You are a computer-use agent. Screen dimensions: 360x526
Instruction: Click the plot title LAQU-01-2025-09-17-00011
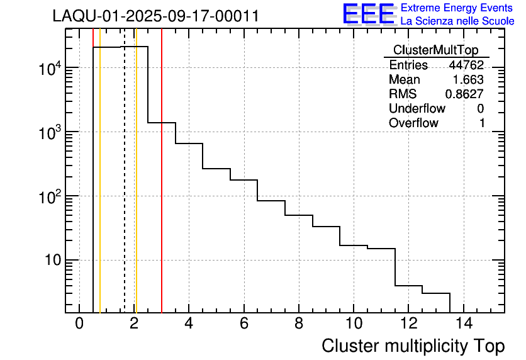pyautogui.click(x=155, y=16)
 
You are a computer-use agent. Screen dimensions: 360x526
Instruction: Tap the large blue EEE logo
pyautogui.click(x=369, y=14)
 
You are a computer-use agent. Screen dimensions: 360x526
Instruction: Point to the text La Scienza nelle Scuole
pyautogui.click(x=457, y=21)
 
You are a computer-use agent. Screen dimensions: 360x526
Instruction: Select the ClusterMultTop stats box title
pyautogui.click(x=435, y=50)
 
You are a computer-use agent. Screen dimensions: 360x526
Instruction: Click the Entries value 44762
pyautogui.click(x=466, y=65)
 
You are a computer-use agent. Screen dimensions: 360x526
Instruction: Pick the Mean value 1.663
pyautogui.click(x=468, y=80)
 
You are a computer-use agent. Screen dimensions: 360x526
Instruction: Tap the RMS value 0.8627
pyautogui.click(x=464, y=94)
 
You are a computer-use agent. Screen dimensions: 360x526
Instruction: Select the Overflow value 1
pyautogui.click(x=481, y=123)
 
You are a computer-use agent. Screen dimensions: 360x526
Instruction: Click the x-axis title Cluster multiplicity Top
pyautogui.click(x=413, y=346)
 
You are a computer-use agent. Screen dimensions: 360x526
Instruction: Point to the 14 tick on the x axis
pyautogui.click(x=463, y=324)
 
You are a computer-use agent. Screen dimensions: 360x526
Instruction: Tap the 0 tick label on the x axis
pyautogui.click(x=79, y=324)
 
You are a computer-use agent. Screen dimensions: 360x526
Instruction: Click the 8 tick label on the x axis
pyautogui.click(x=299, y=324)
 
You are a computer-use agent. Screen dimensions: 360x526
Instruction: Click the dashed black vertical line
pyautogui.click(x=125, y=189)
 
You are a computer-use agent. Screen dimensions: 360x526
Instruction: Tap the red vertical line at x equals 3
pyautogui.click(x=162, y=189)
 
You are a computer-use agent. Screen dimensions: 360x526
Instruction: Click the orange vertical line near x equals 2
pyautogui.click(x=136, y=189)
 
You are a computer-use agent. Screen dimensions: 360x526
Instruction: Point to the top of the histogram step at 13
pyautogui.click(x=436, y=293)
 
